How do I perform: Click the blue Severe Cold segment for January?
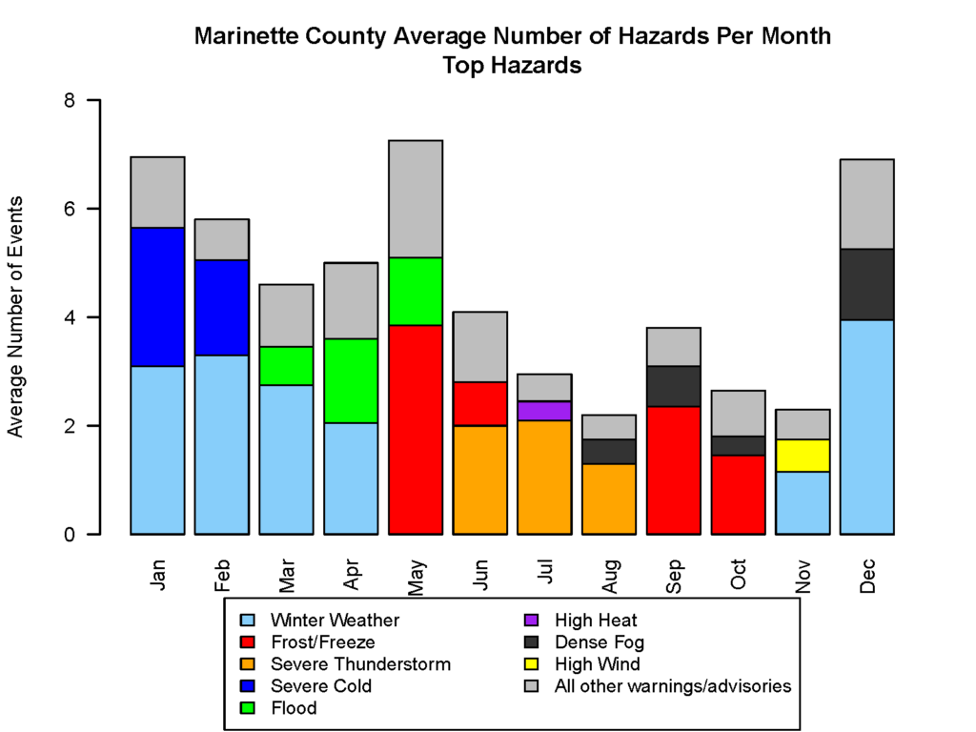tap(157, 297)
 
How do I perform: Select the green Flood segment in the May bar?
tap(416, 292)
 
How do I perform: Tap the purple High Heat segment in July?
tap(544, 411)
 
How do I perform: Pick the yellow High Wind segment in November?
tap(803, 456)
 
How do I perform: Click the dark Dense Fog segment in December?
tap(867, 285)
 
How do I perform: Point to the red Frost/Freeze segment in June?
tap(480, 404)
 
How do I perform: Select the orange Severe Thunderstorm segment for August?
tap(609, 499)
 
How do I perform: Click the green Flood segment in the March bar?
tap(286, 366)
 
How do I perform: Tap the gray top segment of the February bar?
tap(221, 239)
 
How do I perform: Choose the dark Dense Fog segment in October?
tap(739, 446)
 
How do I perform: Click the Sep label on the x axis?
tap(674, 577)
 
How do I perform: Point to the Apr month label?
tap(351, 575)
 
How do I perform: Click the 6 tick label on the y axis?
tap(69, 209)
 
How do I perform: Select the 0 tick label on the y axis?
tap(69, 535)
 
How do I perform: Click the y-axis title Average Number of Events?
tap(15, 316)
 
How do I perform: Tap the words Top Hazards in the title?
tap(512, 66)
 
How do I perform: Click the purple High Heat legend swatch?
tap(531, 620)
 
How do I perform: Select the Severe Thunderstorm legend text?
tap(360, 664)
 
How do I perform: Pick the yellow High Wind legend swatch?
tap(531, 664)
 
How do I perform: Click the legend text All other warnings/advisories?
tap(673, 686)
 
